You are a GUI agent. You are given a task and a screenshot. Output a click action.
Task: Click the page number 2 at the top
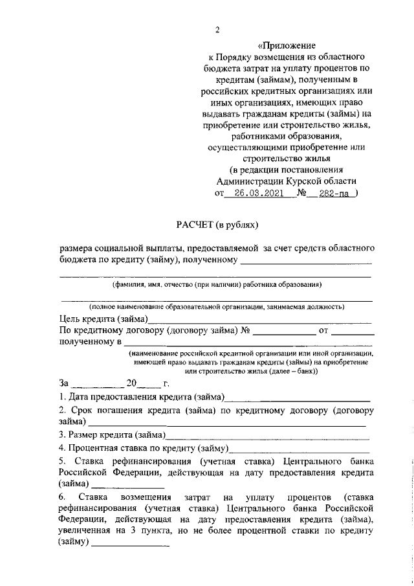coord(218,30)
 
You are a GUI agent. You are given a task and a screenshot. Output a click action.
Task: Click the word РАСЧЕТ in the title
coord(195,225)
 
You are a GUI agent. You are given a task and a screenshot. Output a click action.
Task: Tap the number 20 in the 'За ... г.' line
coord(133,383)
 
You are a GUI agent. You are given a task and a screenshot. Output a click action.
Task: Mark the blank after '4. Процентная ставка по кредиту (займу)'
coord(300,449)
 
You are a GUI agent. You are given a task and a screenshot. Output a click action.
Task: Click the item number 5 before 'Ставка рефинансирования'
coord(61,462)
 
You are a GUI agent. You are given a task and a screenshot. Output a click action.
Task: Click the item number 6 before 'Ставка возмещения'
coord(61,497)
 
